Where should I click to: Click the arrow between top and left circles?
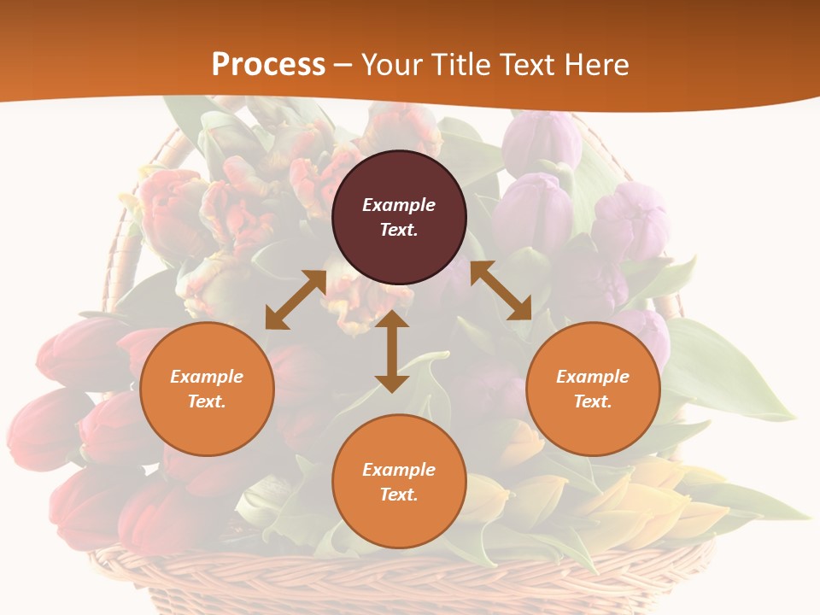point(296,299)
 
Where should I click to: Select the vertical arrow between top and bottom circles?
point(392,351)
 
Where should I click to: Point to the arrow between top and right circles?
point(501,290)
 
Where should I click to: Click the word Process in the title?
point(268,64)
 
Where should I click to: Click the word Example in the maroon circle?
point(399,205)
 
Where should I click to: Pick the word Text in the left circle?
point(207,401)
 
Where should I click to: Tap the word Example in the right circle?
point(593,377)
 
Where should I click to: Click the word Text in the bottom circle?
point(399,495)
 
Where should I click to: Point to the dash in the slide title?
point(343,65)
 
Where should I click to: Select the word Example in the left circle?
point(207,377)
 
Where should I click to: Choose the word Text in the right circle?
point(593,401)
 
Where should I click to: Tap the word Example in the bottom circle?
point(399,470)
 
